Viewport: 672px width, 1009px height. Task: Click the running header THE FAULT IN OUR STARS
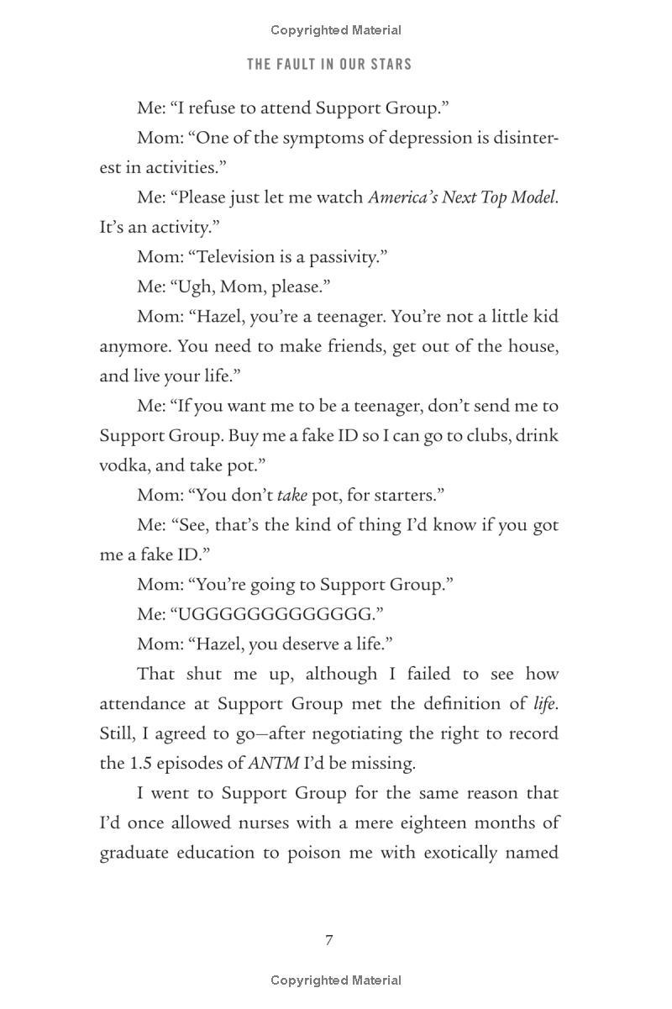tap(329, 65)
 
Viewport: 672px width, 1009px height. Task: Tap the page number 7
tap(329, 940)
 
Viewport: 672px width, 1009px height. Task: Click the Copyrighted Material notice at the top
tap(336, 30)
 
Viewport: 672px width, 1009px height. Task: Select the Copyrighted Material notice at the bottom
tap(336, 980)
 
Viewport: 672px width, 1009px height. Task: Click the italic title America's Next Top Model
tap(462, 197)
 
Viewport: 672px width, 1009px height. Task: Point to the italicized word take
tap(291, 495)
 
